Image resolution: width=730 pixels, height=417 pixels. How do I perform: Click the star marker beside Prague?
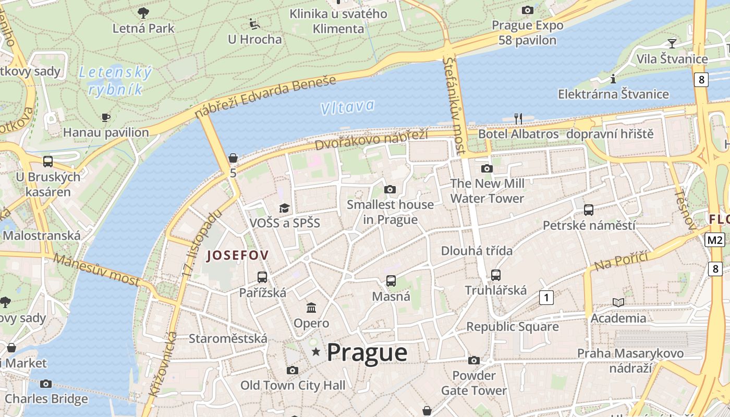315,353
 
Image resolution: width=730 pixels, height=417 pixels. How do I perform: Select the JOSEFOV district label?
238,255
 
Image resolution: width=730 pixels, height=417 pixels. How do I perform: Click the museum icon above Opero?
311,308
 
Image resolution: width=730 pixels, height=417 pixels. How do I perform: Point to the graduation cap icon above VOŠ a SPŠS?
284,208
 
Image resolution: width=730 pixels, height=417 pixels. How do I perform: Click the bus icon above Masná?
391,281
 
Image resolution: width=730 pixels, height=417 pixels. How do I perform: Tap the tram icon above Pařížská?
262,277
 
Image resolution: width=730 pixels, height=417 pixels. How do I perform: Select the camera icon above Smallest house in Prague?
390,189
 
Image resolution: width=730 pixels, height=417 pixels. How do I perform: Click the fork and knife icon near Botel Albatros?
518,118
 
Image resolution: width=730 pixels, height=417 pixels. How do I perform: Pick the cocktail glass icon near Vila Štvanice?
672,43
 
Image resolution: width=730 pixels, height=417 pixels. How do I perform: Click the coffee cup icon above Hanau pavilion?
106,117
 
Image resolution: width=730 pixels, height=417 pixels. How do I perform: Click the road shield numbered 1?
546,298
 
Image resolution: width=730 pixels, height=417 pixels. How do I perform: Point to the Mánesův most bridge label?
96,269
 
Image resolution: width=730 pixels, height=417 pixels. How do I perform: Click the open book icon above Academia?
618,302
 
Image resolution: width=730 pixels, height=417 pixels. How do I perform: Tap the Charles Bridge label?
46,399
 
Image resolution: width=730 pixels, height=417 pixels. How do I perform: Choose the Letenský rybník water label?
115,81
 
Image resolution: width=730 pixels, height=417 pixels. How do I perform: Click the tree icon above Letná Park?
143,13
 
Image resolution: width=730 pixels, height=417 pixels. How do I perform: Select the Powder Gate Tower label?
473,383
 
